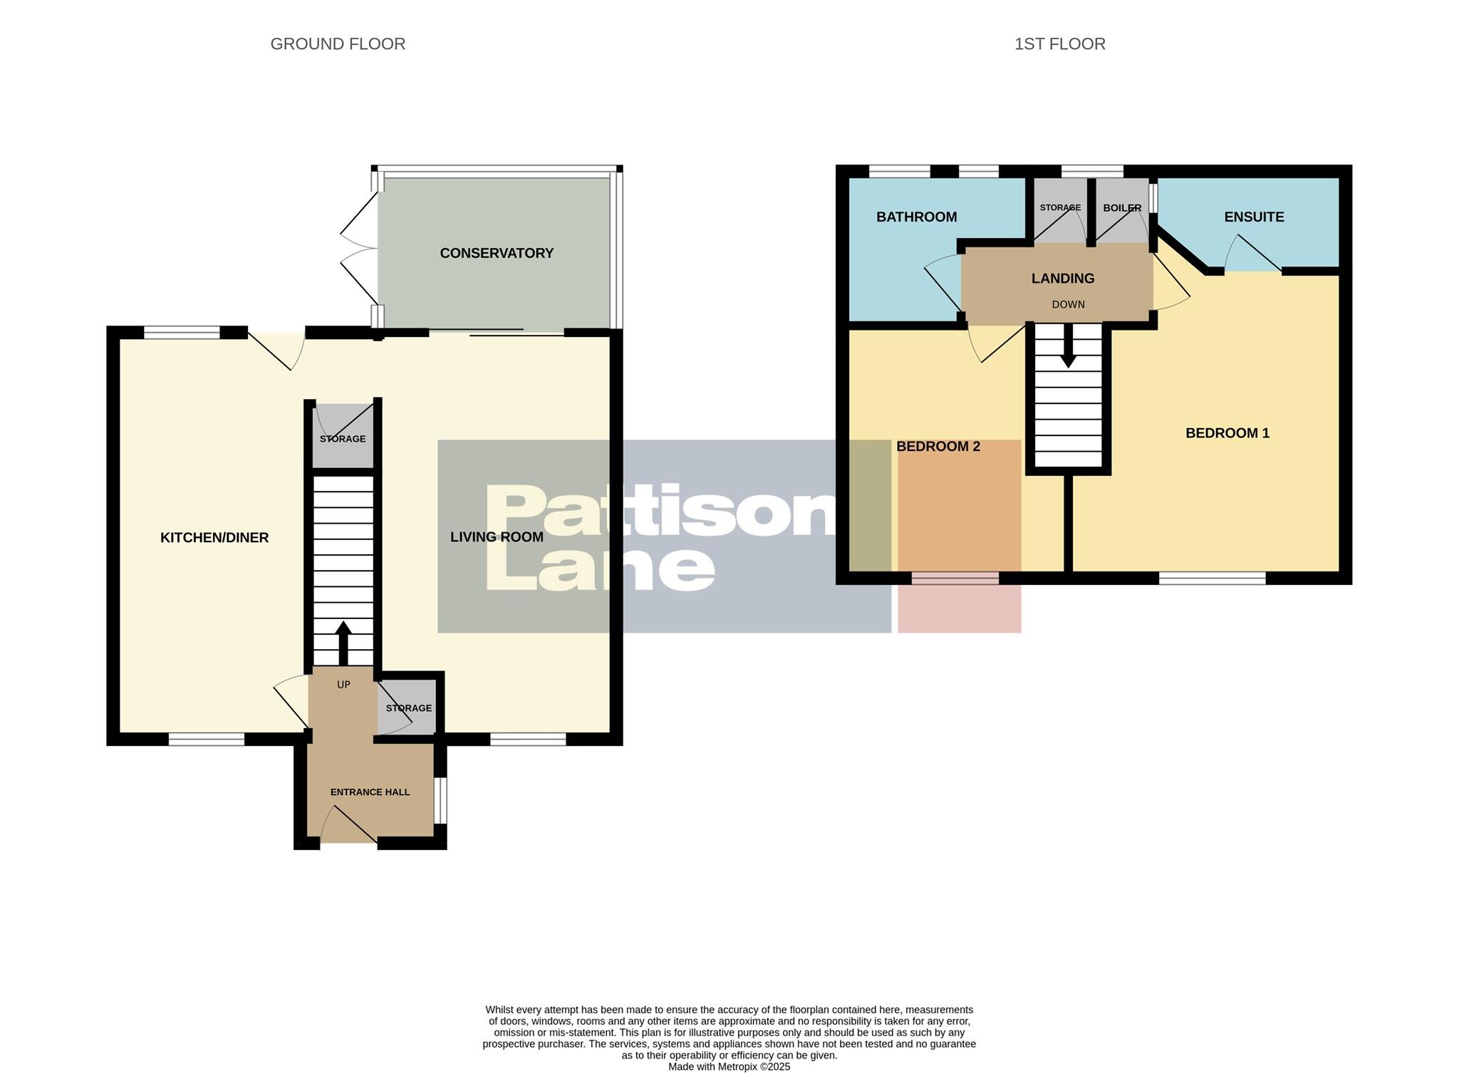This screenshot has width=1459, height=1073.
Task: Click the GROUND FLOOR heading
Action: [x=338, y=44]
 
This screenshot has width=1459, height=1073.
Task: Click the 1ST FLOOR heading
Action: [x=1059, y=44]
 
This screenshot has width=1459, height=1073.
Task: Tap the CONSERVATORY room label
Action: [x=497, y=253]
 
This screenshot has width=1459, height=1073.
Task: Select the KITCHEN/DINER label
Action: [x=214, y=538]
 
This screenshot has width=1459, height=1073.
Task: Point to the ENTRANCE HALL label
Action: [x=370, y=792]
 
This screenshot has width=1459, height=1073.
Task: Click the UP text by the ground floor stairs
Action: [x=343, y=685]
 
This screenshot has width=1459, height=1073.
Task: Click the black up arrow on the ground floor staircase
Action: [x=343, y=641]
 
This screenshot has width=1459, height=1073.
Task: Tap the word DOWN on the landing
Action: [x=1068, y=304]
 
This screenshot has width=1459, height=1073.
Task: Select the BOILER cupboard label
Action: [x=1122, y=208]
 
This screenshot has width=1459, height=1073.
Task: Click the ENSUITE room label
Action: [x=1254, y=217]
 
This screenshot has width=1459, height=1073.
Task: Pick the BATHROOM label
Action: [x=916, y=217]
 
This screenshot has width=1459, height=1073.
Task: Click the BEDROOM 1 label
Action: [x=1227, y=433]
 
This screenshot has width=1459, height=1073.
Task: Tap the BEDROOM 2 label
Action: [x=938, y=447]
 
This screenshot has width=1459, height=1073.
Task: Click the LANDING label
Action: [x=1062, y=279]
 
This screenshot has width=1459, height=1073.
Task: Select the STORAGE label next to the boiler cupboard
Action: [x=1060, y=208]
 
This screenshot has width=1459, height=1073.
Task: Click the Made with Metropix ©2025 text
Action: [x=729, y=1067]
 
